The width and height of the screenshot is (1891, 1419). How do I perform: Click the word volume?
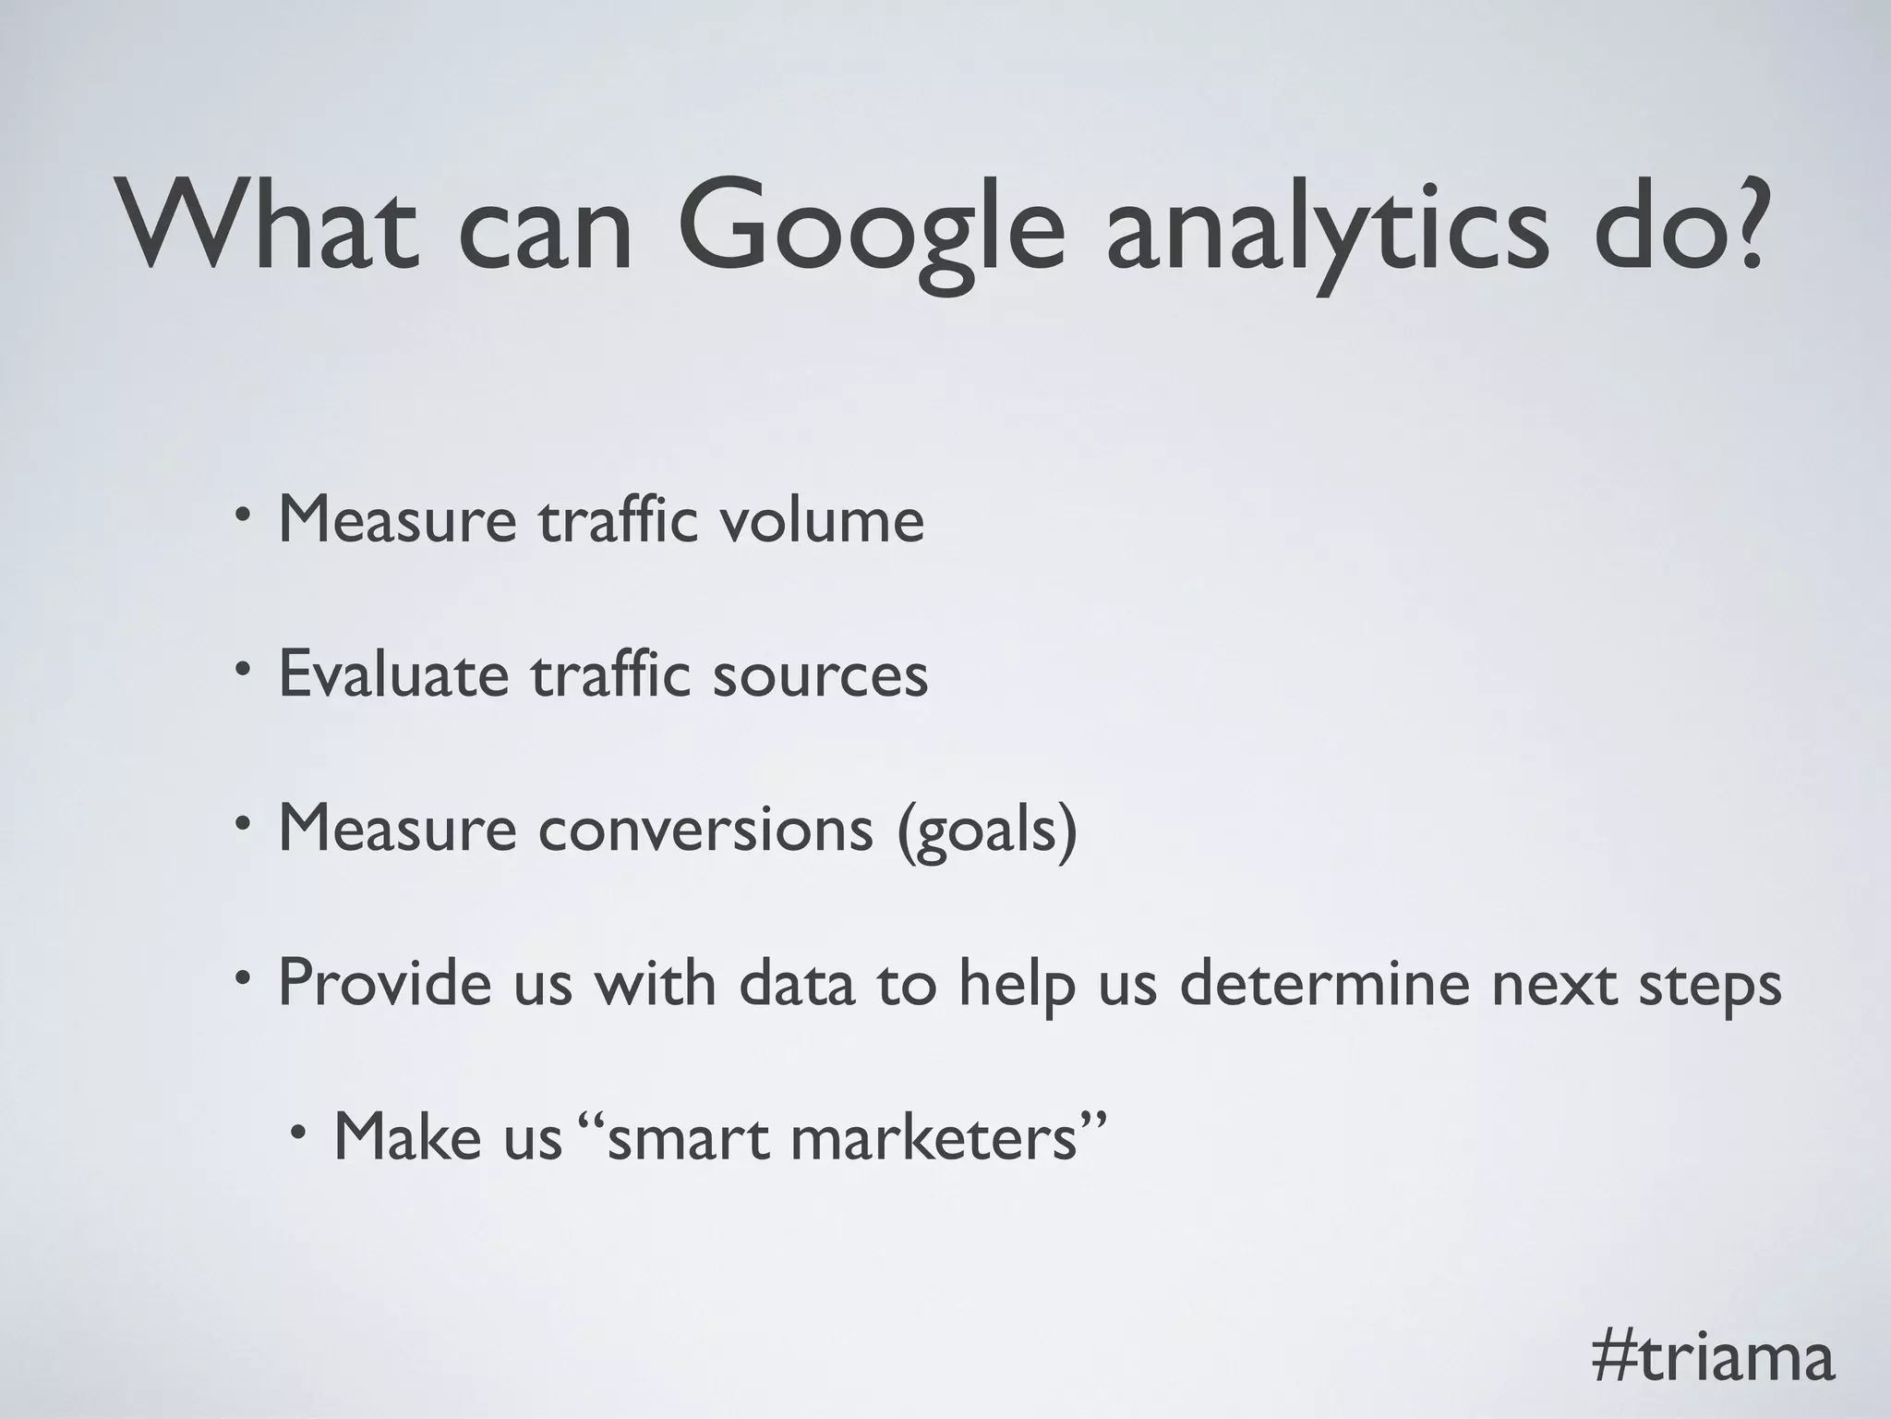pos(821,520)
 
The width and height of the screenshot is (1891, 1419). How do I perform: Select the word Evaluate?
pos(393,674)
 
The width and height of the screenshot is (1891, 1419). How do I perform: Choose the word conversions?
pos(705,829)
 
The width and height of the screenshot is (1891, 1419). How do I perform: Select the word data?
pos(796,982)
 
